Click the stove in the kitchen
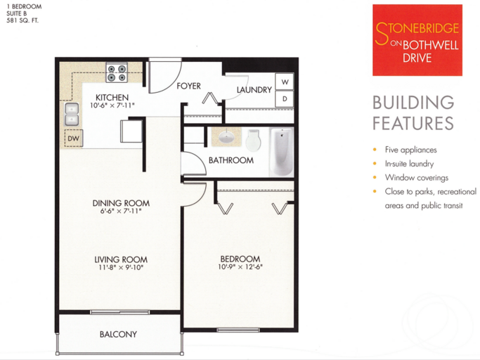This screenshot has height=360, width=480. pos(117,72)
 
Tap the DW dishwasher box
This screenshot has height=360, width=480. pos(74,139)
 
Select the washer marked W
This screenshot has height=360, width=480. pos(285,82)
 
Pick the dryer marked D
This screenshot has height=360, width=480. pos(285,98)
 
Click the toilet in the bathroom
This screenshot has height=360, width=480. pos(253,141)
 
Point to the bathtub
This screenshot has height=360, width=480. pos(281,152)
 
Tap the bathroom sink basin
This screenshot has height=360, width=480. pos(226,136)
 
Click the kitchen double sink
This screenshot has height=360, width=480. pos(72,115)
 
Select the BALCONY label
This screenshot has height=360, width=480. pos(118,334)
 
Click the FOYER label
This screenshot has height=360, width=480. pos(188,86)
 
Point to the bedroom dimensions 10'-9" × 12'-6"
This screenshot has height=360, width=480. pos(240,267)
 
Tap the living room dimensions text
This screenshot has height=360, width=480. pos(121,267)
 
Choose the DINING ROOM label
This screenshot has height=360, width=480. pos(121,203)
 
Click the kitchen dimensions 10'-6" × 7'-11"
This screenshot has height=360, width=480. pos(112,105)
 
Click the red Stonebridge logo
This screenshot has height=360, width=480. pos(417,40)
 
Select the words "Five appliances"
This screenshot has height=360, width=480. pos(411,150)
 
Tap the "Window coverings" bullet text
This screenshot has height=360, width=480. pos(417,178)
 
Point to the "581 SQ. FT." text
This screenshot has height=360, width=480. pos(22,21)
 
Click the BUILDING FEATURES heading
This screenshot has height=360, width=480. pos(413,113)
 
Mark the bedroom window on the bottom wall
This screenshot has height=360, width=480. pos(238,330)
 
